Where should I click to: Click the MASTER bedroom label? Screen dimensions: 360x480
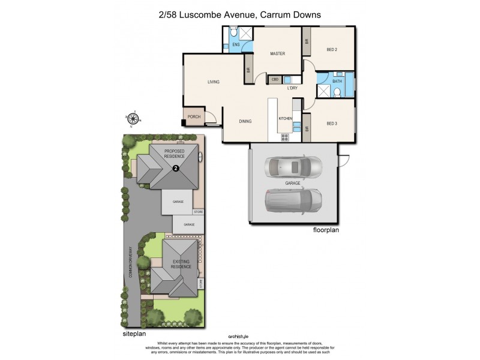tap(277, 54)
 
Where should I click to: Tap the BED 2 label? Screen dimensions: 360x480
tap(332, 50)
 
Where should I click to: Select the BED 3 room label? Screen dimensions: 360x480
tap(332, 124)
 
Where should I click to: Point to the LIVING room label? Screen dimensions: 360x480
tap(214, 82)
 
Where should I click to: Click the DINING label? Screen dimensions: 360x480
tap(245, 121)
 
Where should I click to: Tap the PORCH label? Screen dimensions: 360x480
tap(194, 117)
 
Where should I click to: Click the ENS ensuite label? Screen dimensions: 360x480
tap(236, 44)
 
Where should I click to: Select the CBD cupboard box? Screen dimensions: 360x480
tap(275, 79)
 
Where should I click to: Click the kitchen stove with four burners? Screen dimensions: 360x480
tap(285, 136)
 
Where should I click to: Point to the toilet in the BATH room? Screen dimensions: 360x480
tap(338, 92)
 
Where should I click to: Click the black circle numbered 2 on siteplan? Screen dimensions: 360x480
tap(176, 169)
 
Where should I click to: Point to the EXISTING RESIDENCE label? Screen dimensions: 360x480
tap(182, 264)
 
